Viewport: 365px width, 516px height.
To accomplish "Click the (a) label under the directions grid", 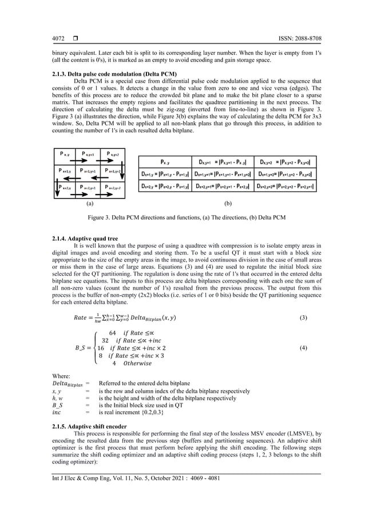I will click(x=89, y=203).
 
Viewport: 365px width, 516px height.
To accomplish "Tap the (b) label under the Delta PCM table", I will click(x=227, y=203).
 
